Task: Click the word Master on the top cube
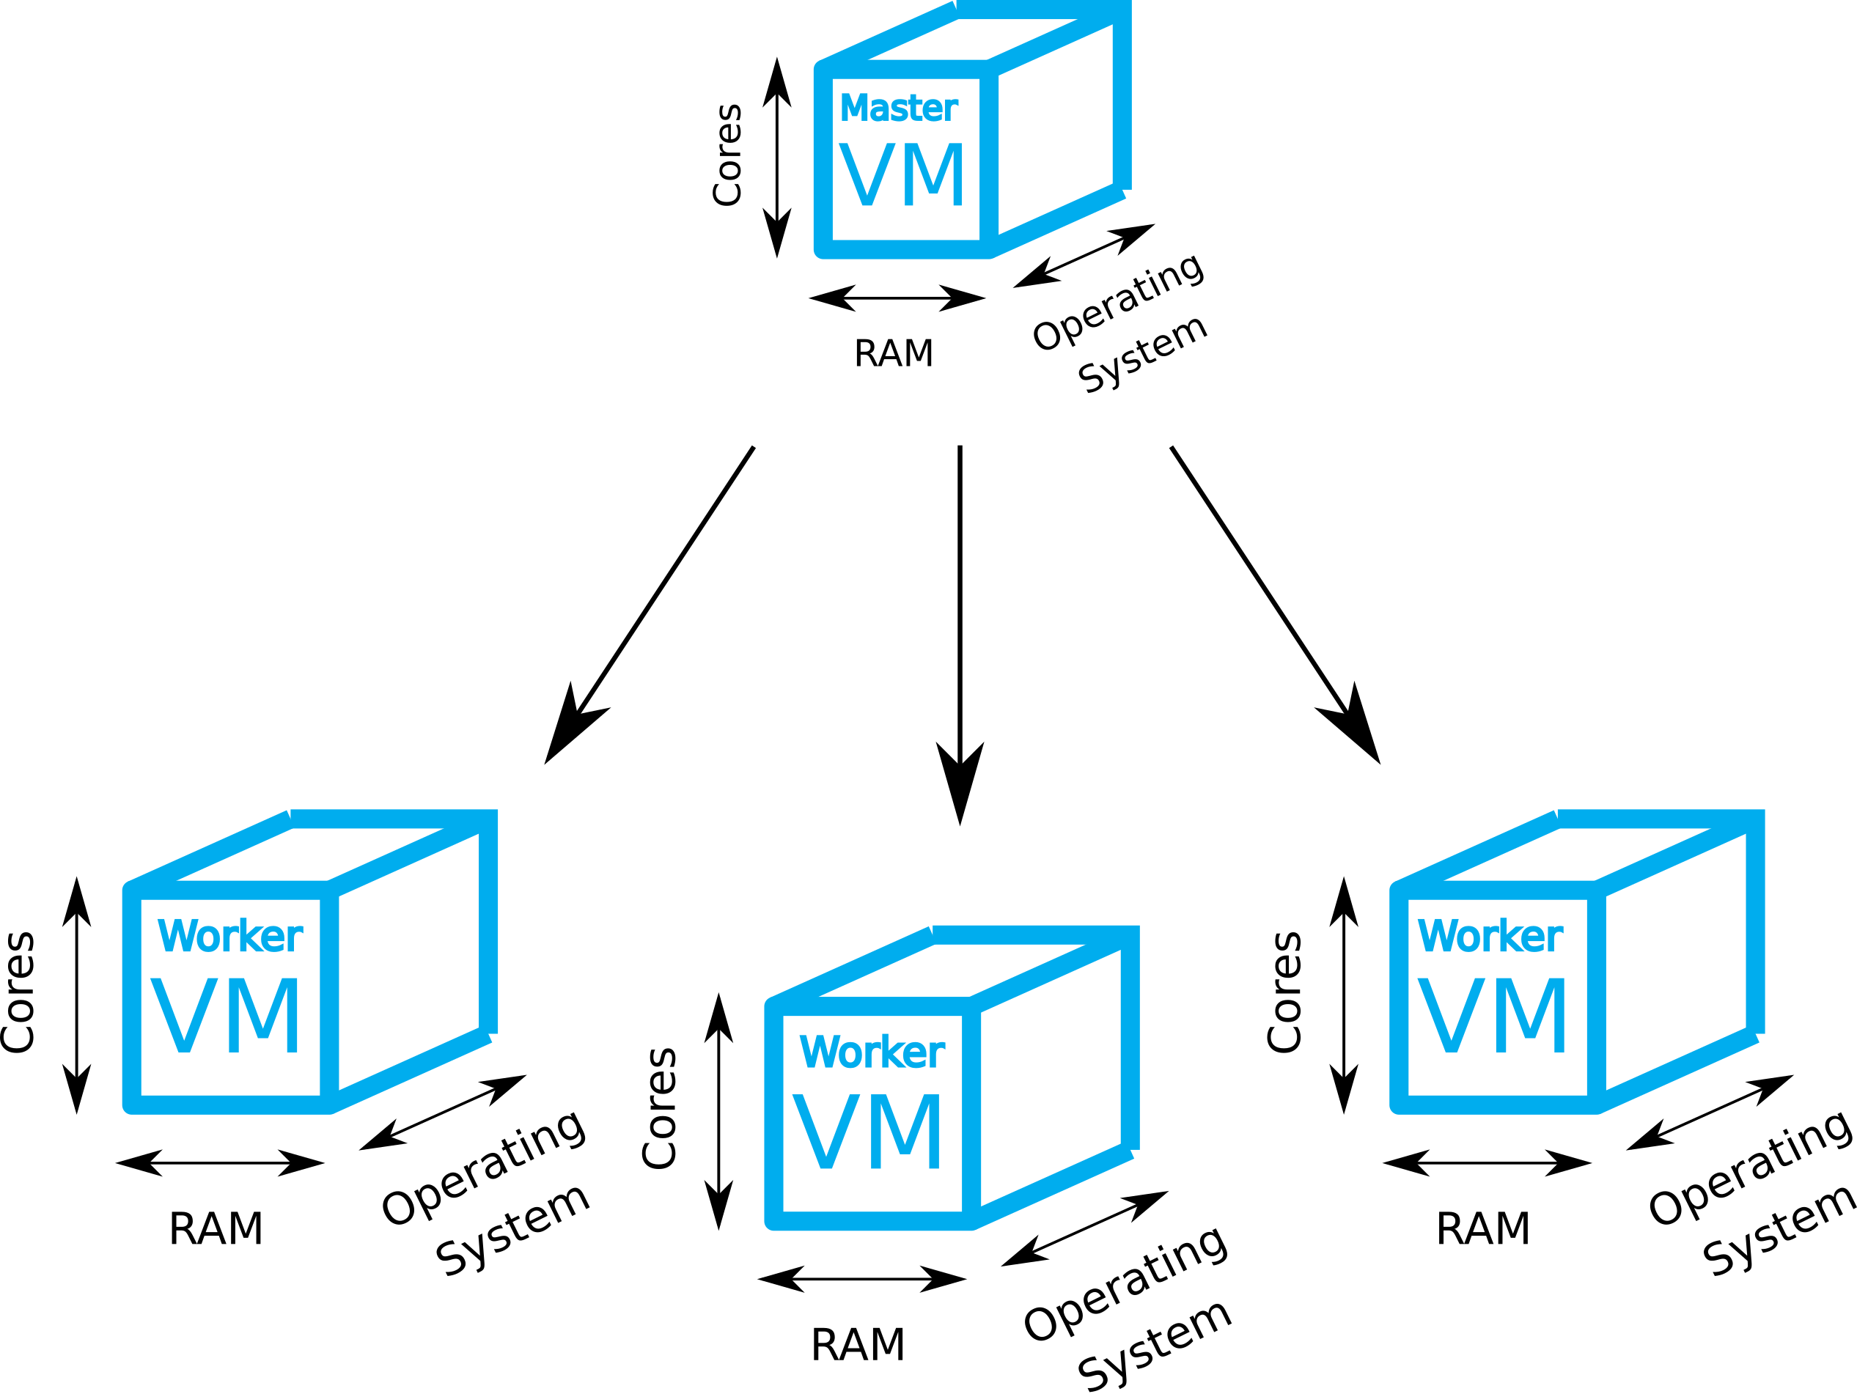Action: tap(898, 108)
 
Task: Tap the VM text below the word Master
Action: tap(902, 174)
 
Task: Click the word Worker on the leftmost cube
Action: tap(230, 936)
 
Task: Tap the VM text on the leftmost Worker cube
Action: tap(226, 1016)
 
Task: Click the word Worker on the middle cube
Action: tap(872, 1052)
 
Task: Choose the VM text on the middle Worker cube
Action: tap(867, 1132)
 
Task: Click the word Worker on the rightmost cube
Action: tap(1490, 936)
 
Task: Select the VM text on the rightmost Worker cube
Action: tap(1492, 1016)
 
